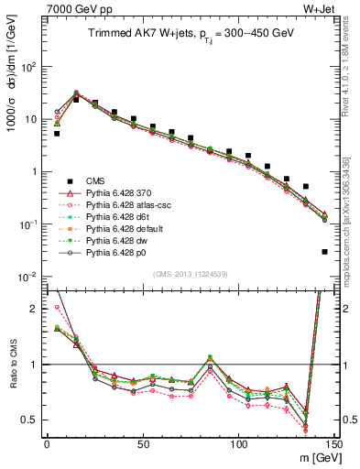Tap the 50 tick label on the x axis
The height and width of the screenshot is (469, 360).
click(142, 443)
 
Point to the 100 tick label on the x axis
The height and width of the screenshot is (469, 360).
click(239, 443)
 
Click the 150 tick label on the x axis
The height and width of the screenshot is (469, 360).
click(334, 443)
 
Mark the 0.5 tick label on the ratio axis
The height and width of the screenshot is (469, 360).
click(30, 420)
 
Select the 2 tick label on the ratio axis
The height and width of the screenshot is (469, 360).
click(35, 309)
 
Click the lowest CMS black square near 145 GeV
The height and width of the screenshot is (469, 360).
click(325, 251)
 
